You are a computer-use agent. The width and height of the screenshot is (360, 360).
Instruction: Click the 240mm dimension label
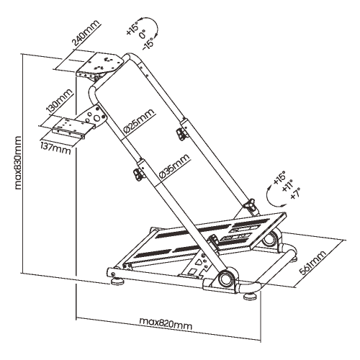[x=86, y=33]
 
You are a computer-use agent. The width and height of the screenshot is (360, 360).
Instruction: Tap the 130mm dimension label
[x=60, y=101]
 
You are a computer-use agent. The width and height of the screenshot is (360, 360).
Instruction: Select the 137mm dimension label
[x=56, y=148]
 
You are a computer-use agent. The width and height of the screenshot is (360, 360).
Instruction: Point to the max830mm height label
[x=18, y=163]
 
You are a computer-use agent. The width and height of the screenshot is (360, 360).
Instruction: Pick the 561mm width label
[x=312, y=262]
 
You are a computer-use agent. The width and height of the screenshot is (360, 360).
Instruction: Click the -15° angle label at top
[x=148, y=44]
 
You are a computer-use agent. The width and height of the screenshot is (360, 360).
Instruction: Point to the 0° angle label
[x=143, y=35]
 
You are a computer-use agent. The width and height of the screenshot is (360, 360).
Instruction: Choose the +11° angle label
[x=287, y=186]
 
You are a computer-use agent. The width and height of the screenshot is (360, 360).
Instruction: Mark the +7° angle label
[x=295, y=194]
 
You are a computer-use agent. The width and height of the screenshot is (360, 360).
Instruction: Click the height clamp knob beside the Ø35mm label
[x=138, y=174]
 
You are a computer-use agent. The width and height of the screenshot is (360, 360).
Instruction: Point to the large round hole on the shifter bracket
[x=97, y=118]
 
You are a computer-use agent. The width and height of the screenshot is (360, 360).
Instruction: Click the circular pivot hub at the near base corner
[x=225, y=278]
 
